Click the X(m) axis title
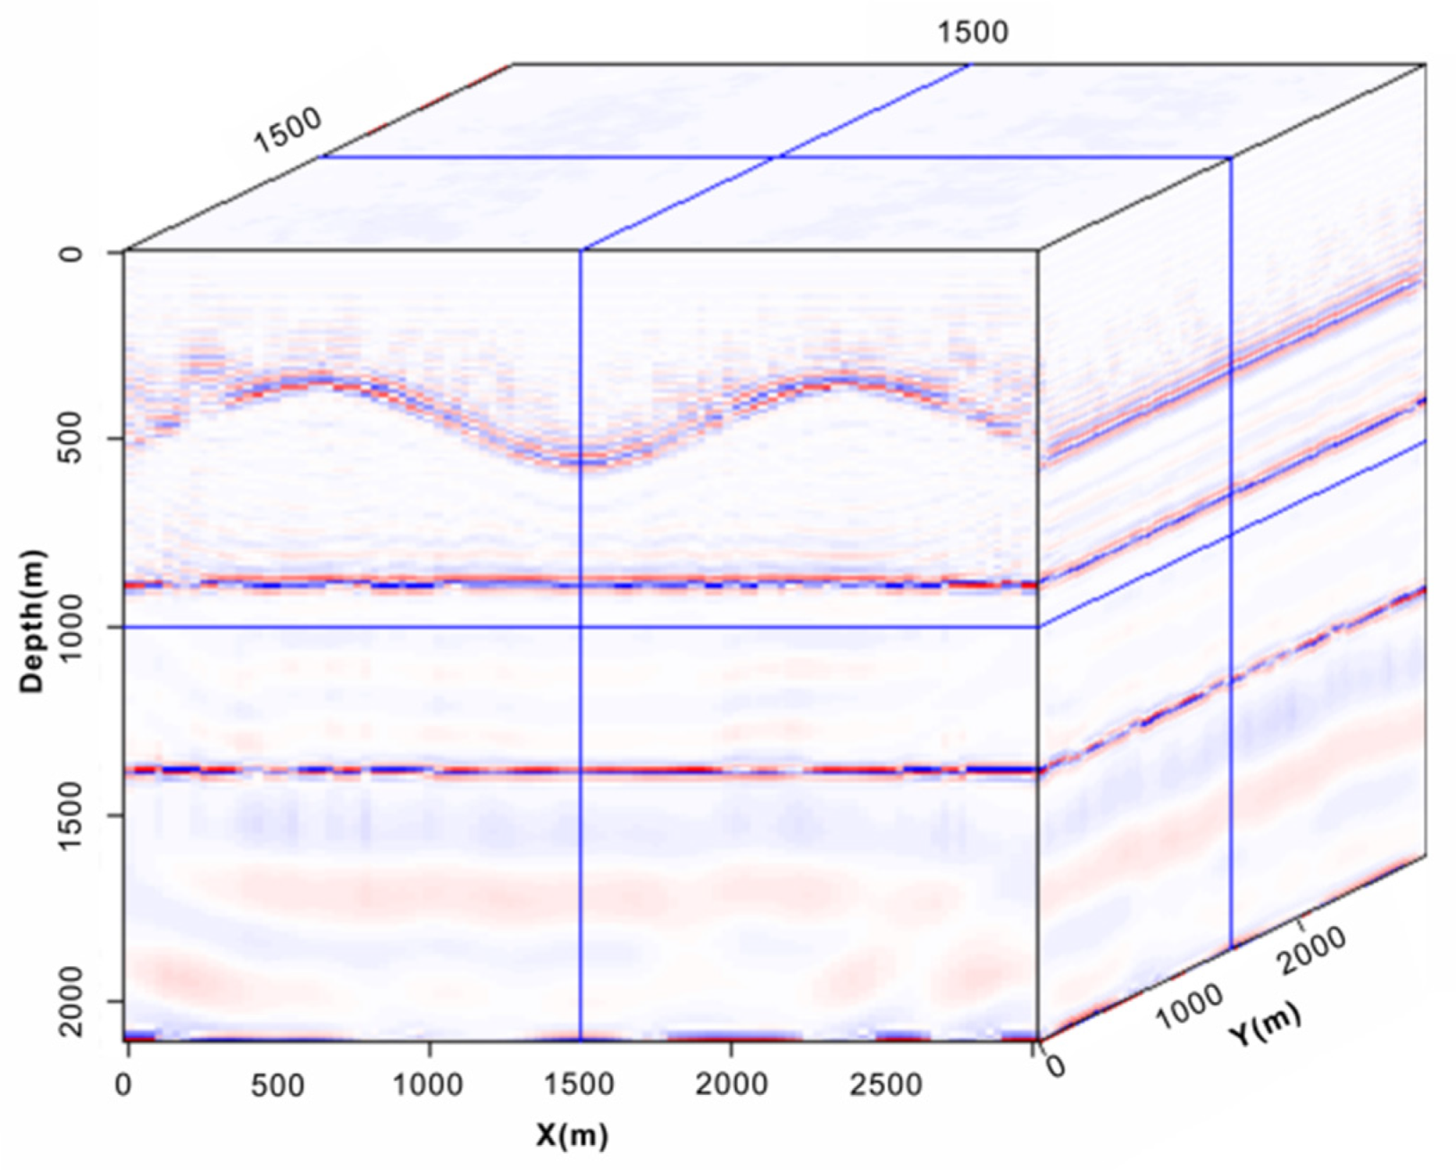572,1135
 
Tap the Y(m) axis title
1265,1024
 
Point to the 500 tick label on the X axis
277,1085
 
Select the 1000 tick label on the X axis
428,1085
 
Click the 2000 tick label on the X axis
731,1085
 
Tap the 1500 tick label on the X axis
579,1085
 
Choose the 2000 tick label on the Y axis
1311,949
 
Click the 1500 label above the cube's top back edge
973,32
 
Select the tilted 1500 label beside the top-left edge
288,130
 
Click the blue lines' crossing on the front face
581,627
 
